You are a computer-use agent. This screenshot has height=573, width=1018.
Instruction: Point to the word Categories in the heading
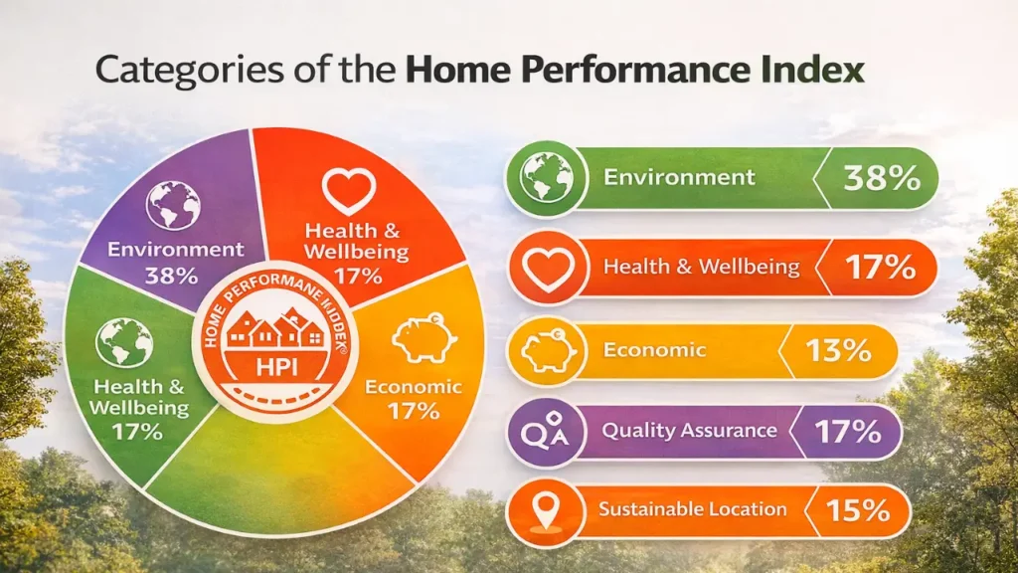pyautogui.click(x=189, y=71)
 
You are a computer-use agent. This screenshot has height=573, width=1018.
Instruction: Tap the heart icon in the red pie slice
pyautogui.click(x=349, y=191)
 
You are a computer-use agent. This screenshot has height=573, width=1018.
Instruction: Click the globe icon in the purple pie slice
pyautogui.click(x=173, y=205)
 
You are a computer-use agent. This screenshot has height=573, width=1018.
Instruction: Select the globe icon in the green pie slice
pyautogui.click(x=124, y=342)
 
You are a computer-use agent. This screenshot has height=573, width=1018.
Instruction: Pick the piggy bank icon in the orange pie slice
pyautogui.click(x=424, y=338)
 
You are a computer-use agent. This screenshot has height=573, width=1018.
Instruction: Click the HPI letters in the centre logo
pyautogui.click(x=276, y=368)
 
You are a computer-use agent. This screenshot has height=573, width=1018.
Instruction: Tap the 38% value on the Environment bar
pyautogui.click(x=882, y=177)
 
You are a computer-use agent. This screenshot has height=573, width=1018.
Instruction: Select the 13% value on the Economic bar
pyautogui.click(x=838, y=351)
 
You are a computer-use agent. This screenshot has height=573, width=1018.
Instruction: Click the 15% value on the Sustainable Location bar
pyautogui.click(x=858, y=510)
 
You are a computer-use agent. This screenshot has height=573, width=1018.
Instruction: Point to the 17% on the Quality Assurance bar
pyautogui.click(x=847, y=432)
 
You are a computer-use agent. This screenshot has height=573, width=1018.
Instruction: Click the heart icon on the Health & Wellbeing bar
pyautogui.click(x=549, y=268)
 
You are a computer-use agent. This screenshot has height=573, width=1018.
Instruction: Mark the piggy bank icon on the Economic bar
pyautogui.click(x=548, y=351)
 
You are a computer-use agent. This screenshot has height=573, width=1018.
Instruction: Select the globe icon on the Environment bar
pyautogui.click(x=546, y=177)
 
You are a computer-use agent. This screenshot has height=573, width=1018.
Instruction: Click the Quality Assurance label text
pyautogui.click(x=690, y=431)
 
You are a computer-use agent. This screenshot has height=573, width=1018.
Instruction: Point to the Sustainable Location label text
pyautogui.click(x=693, y=509)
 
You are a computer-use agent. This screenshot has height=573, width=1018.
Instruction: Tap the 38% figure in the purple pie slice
pyautogui.click(x=171, y=276)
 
